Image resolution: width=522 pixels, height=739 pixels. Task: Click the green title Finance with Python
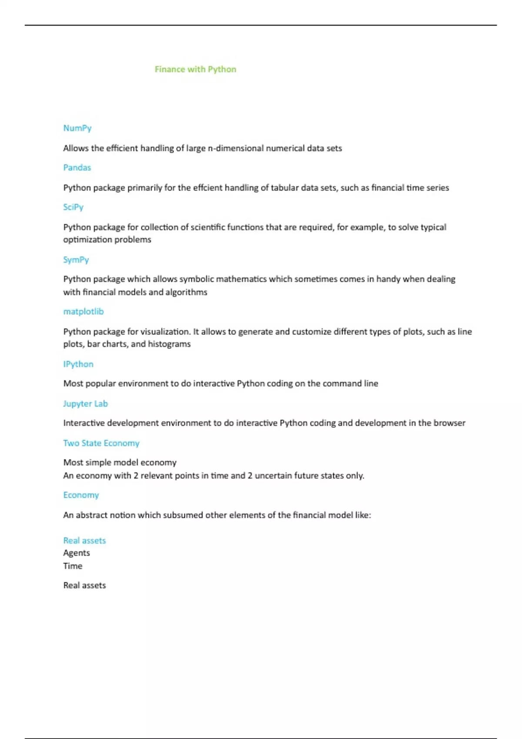tap(195, 70)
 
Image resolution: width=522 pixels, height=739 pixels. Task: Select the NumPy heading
tap(77, 128)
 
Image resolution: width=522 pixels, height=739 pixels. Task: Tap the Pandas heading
tap(77, 168)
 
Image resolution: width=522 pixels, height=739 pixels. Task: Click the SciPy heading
tap(73, 207)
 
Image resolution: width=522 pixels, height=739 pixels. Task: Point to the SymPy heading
tap(76, 260)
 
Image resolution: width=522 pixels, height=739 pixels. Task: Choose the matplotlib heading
tap(84, 312)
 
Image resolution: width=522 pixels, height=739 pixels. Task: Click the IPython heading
tap(78, 364)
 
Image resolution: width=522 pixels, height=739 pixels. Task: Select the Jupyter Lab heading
tap(85, 404)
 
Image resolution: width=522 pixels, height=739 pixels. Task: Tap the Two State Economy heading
tap(101, 443)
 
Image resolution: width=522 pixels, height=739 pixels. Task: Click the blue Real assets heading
tap(84, 541)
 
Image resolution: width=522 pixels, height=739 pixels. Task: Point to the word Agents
tap(77, 553)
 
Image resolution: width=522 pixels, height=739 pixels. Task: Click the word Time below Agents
tap(73, 566)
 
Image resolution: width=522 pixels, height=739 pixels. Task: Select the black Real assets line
tap(84, 586)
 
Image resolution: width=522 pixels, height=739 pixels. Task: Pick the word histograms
tap(169, 344)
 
